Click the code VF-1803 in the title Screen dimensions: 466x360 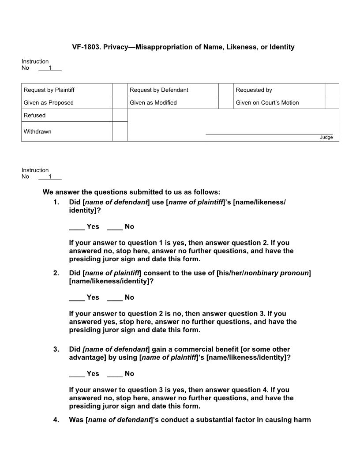pyautogui.click(x=86, y=47)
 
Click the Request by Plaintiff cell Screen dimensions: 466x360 pyautogui.click(x=49, y=90)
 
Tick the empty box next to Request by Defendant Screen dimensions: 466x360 pyautogui.click(x=225, y=90)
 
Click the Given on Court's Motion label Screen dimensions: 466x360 pyautogui.click(x=267, y=103)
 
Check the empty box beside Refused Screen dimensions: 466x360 pyautogui.click(x=120, y=115)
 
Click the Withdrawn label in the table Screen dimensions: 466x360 pyautogui.click(x=37, y=132)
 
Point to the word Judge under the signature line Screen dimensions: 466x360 pyautogui.click(x=326, y=137)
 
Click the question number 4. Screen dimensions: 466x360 pyautogui.click(x=56, y=420)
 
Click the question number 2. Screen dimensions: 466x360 pyautogui.click(x=56, y=273)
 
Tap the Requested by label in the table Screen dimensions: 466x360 pyautogui.click(x=254, y=90)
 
